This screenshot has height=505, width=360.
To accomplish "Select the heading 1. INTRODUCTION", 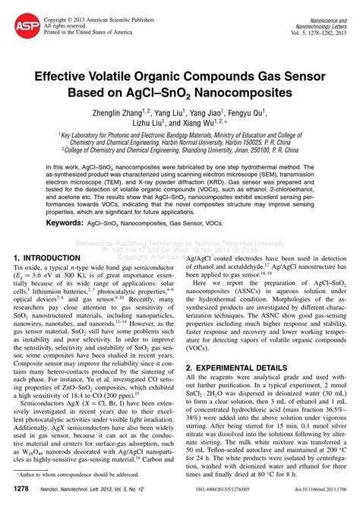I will [53, 258].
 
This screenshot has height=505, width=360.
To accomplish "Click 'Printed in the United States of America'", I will [78, 32].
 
